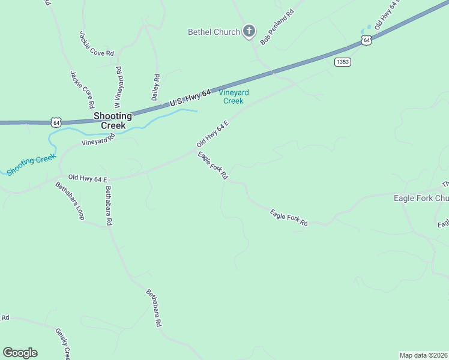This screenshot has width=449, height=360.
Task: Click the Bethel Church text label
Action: (214, 32)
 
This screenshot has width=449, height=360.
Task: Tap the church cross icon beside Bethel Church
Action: (249, 32)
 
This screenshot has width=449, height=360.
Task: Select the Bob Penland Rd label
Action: (277, 27)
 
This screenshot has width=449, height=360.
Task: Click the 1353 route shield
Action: (343, 61)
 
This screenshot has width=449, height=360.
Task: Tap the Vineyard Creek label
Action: (234, 97)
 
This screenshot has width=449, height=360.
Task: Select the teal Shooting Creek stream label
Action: (31, 163)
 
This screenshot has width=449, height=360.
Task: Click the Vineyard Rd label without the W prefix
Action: (98, 140)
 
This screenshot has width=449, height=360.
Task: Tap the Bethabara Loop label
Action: (70, 200)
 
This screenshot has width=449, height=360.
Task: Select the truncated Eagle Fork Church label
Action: (421, 198)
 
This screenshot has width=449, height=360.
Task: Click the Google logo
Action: (20, 353)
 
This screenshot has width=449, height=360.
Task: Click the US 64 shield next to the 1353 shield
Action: (366, 40)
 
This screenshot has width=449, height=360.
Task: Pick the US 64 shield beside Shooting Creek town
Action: (56, 122)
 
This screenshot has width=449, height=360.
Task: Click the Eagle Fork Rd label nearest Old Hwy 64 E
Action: (213, 166)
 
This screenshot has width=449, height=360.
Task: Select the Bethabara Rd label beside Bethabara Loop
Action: (109, 205)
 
